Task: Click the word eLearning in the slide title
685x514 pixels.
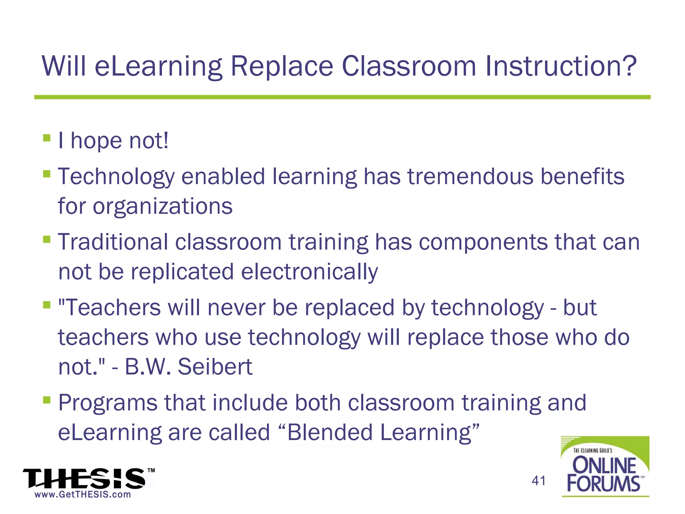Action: (158, 67)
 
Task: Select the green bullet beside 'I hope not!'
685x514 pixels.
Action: (47, 138)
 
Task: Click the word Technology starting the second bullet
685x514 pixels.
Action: (116, 177)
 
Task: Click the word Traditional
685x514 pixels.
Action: (113, 242)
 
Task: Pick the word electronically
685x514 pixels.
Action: (309, 271)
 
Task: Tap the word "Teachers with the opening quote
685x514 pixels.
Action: (109, 308)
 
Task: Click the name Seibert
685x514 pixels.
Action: (215, 367)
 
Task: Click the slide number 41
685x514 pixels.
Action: (539, 481)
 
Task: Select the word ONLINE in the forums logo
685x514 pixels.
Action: (604, 465)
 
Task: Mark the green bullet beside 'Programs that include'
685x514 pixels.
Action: (47, 400)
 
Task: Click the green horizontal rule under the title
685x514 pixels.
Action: (342, 97)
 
